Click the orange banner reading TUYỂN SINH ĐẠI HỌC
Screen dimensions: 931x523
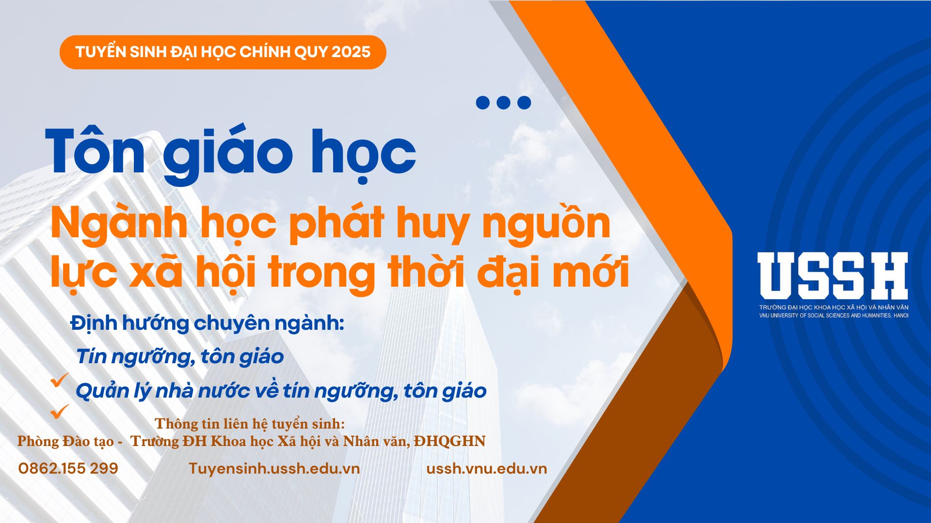223,52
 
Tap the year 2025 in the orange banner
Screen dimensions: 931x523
351,52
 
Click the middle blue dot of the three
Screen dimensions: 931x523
503,103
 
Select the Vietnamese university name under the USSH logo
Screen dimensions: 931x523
834,308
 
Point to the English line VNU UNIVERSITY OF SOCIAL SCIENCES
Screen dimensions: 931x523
834,316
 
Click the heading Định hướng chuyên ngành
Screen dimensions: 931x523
207,323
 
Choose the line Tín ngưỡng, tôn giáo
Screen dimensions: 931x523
179,357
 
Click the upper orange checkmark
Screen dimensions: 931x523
60,380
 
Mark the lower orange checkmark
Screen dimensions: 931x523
60,411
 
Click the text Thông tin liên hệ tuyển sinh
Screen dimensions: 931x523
250,424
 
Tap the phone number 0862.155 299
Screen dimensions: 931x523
68,468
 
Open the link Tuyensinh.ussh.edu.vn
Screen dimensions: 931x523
274,468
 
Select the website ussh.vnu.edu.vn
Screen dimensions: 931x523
486,468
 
